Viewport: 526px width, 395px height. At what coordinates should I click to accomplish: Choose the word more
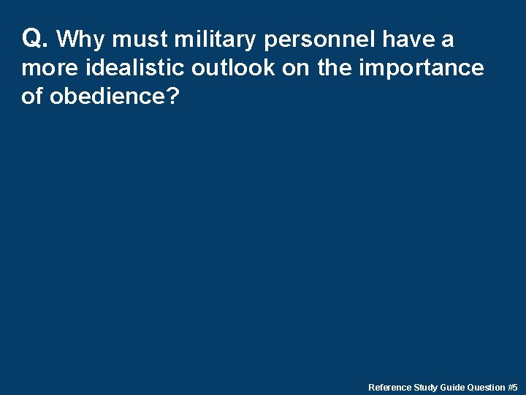coord(50,68)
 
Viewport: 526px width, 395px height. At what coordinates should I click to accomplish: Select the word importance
coord(421,68)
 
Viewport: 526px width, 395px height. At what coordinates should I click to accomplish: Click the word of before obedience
coord(32,97)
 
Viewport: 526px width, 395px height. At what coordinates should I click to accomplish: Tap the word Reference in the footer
coord(390,387)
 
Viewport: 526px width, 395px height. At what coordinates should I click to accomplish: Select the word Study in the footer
coord(426,387)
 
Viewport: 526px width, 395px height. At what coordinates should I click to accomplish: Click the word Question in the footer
coord(487,387)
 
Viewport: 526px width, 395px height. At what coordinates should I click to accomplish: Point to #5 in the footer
coord(513,387)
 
